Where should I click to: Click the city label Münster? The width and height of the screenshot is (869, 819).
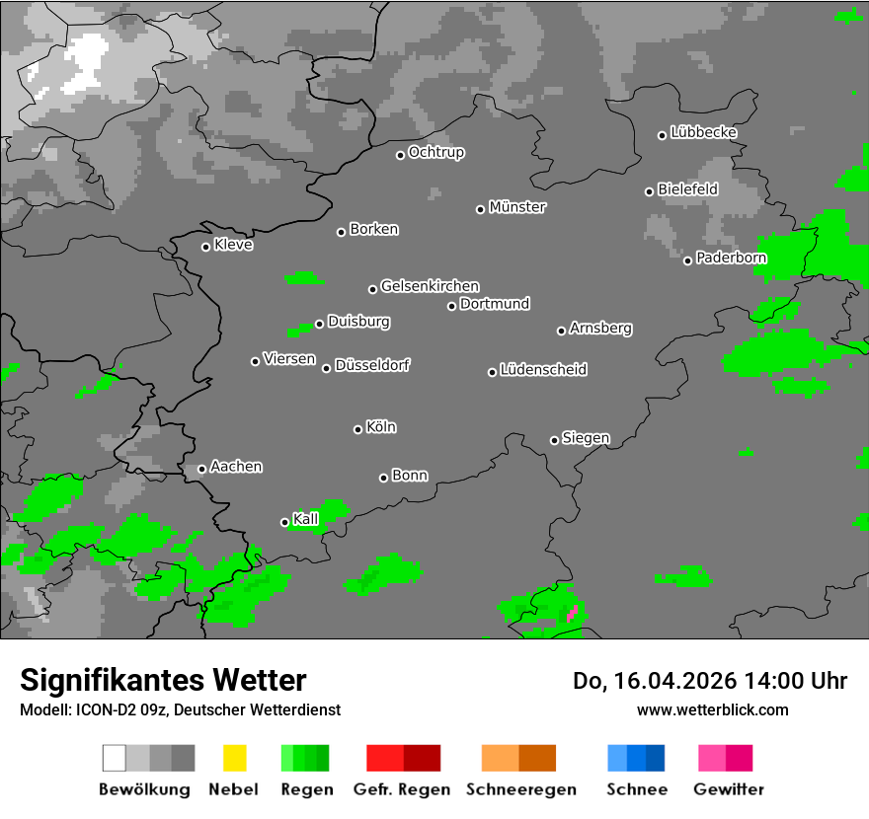point(517,207)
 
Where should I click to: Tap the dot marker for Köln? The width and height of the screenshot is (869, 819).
point(357,429)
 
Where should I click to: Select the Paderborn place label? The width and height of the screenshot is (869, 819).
point(731,259)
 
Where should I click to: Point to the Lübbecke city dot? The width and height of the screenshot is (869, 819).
point(662,135)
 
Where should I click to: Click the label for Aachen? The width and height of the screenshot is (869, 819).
point(236,467)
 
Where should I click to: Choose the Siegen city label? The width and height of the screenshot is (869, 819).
point(586,438)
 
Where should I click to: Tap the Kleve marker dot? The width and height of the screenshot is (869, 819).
point(205,247)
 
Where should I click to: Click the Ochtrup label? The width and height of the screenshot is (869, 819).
point(436,153)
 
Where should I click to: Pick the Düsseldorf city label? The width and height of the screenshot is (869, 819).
point(372,365)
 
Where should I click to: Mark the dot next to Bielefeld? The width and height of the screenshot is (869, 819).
point(649,191)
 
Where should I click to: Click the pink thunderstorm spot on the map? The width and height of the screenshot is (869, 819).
point(571,614)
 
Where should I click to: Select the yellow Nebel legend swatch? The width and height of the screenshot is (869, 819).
point(234,758)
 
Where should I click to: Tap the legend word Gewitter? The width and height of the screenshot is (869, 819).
point(729,789)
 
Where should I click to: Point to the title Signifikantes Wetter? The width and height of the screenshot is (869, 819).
point(163,680)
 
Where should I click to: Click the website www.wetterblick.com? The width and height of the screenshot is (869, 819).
point(713,709)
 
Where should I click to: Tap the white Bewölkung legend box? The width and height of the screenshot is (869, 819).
point(115,758)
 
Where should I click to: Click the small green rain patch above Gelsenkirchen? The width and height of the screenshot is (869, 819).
point(304,278)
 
